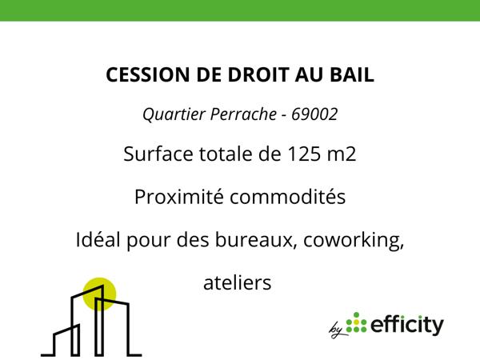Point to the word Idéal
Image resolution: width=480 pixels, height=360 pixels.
pyautogui.click(x=97, y=240)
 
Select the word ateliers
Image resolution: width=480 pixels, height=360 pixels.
pyautogui.click(x=238, y=282)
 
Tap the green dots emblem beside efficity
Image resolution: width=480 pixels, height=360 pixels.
pyautogui.click(x=358, y=323)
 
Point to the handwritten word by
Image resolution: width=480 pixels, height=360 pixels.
pyautogui.click(x=336, y=328)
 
